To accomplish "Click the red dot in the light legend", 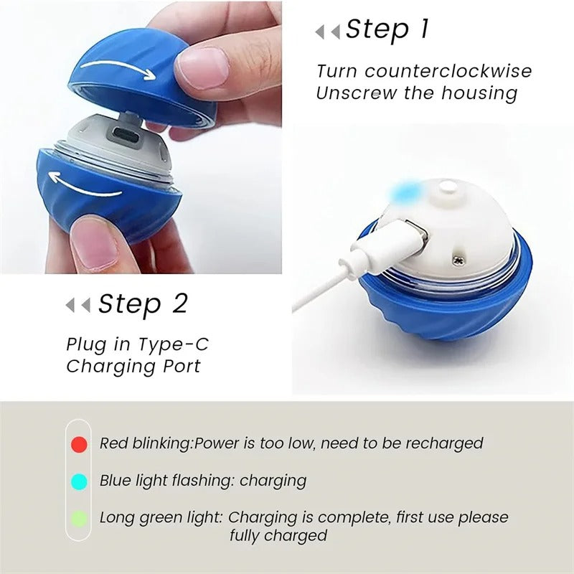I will (79, 444).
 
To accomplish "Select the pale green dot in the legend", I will (79, 518).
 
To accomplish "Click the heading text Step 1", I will (387, 30).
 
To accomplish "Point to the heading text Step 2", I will (143, 304).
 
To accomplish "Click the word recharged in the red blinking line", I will (445, 444).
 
